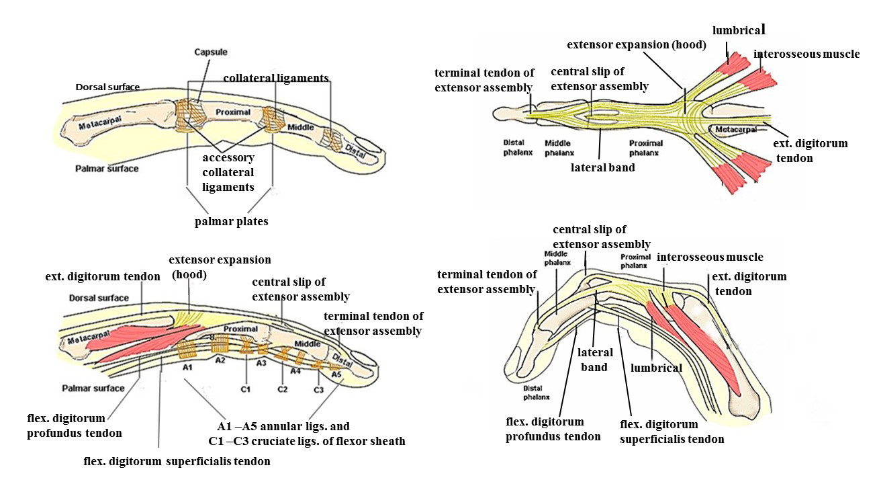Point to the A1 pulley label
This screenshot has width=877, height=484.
click(187, 368)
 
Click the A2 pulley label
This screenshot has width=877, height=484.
click(220, 360)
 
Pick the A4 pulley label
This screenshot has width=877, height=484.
click(295, 370)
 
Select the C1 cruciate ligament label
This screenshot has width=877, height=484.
click(246, 389)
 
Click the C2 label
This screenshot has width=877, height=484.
click(283, 389)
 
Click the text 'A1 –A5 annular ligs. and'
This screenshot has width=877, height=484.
click(283, 427)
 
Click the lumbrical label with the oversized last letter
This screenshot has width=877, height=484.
click(739, 30)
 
